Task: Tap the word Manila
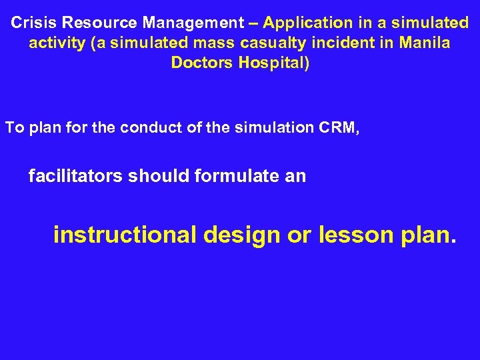[x=424, y=43]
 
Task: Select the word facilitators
[x=75, y=176]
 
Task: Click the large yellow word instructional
[x=124, y=235]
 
